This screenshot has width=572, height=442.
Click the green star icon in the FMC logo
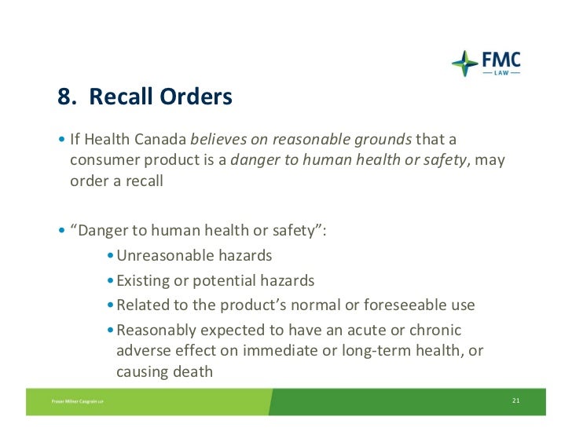[464, 64]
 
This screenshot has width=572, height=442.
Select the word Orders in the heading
[196, 97]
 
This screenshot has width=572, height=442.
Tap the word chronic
[435, 330]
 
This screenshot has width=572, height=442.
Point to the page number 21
[515, 401]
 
